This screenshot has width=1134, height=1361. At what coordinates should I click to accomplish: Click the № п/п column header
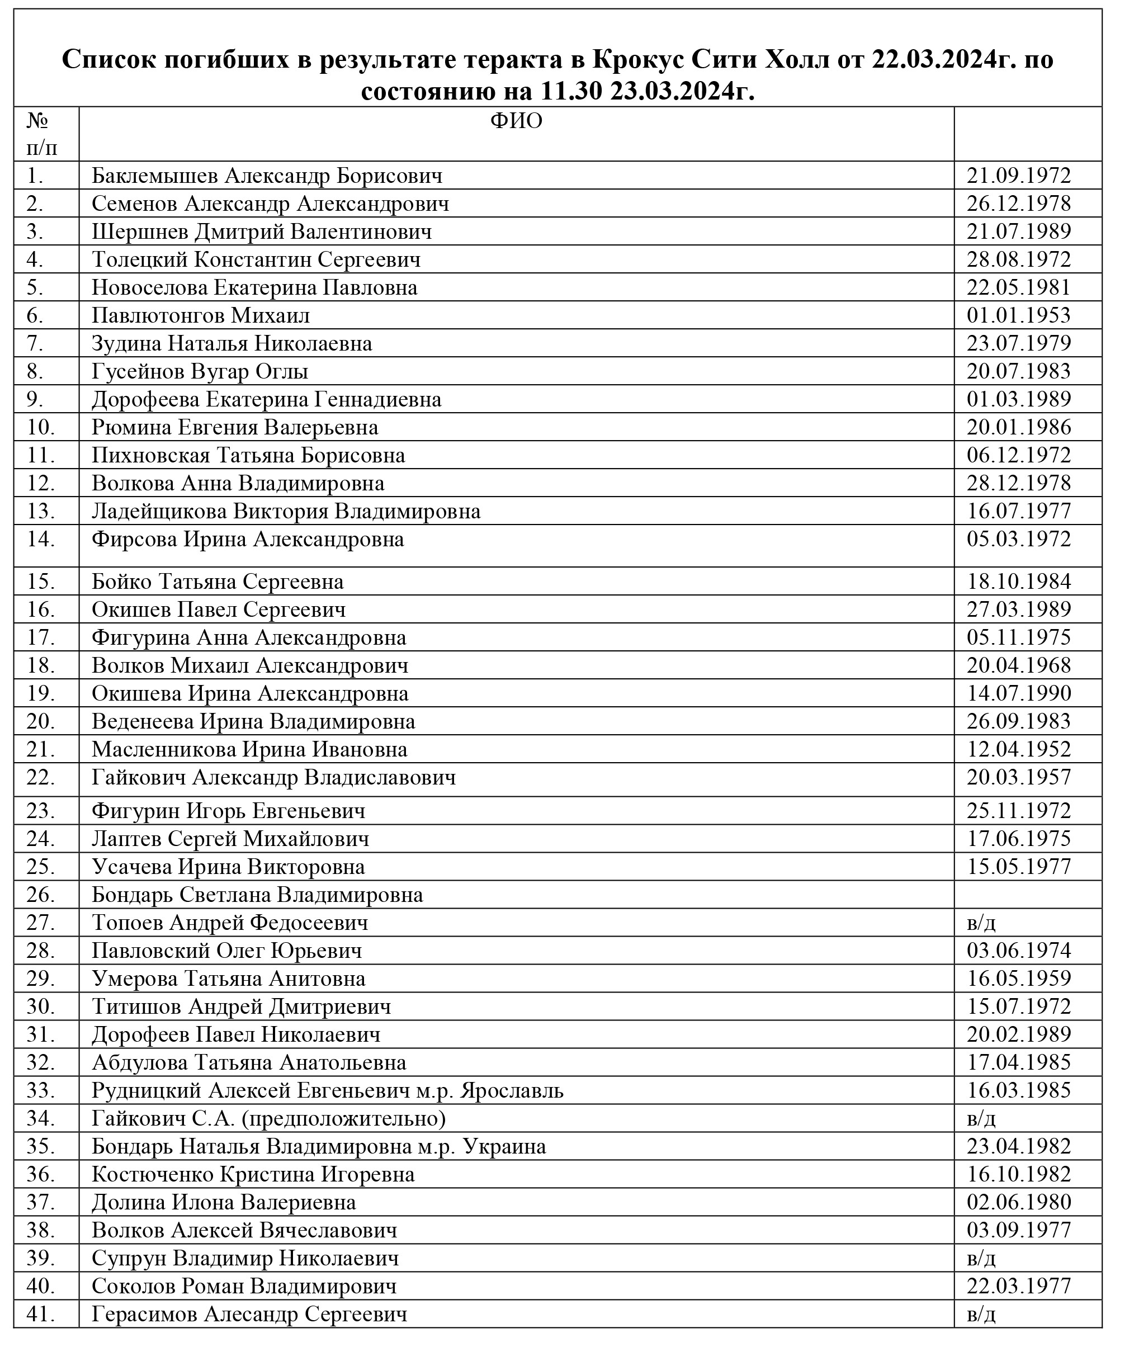pos(42,134)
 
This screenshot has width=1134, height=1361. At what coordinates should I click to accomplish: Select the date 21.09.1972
pos(1019,176)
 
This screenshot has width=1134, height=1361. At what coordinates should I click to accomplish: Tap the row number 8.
pos(36,371)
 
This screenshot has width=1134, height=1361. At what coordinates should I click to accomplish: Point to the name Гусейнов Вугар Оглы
pos(200,371)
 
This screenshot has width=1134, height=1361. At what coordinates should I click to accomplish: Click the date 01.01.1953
pos(1019,315)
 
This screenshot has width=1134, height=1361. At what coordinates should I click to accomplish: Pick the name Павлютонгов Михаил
pos(200,315)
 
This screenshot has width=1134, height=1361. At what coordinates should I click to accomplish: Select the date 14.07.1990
pos(1019,693)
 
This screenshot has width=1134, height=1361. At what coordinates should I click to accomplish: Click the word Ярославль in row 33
pos(511,1091)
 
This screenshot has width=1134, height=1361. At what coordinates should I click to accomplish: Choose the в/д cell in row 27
pos(981,923)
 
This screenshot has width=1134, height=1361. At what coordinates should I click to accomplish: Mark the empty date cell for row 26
pos(1027,895)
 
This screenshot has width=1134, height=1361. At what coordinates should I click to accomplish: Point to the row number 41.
pos(41,1315)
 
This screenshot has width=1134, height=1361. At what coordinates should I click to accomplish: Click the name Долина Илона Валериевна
pos(224,1203)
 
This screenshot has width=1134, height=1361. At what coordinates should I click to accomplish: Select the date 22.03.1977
pos(1019,1287)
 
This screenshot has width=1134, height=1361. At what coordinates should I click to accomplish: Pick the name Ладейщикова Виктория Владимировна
pos(286,511)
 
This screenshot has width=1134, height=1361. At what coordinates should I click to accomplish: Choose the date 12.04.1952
pos(1019,749)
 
